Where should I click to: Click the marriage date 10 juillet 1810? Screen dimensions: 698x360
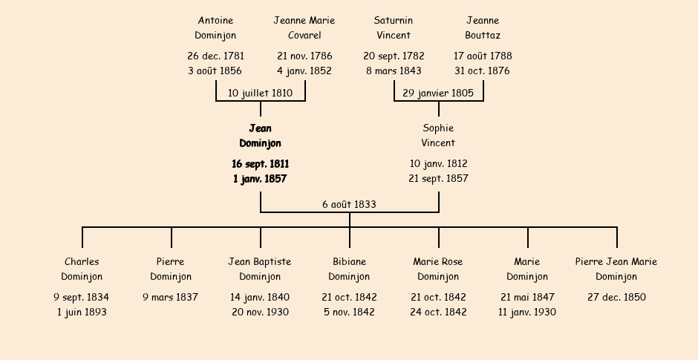point(260,93)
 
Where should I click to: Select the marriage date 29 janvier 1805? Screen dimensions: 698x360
point(438,93)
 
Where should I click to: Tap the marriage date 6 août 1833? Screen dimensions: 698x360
point(349,204)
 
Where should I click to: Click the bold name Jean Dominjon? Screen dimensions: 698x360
point(260,136)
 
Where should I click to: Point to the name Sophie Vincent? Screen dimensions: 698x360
point(438,135)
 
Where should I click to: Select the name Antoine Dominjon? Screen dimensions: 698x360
point(215,27)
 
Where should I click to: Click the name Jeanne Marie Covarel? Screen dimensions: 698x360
point(304,27)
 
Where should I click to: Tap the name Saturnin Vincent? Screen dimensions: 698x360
point(394,27)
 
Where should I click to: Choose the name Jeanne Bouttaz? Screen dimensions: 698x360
point(483,27)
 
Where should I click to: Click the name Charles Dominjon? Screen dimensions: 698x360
point(82,269)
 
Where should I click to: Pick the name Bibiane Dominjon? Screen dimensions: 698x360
point(349,269)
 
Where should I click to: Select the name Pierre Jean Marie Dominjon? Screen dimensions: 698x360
point(616,269)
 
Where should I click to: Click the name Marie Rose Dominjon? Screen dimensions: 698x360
point(438,269)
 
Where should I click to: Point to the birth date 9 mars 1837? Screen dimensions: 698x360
point(171,297)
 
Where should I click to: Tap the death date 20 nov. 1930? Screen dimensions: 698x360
point(260,312)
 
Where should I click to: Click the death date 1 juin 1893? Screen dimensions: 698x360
point(82,312)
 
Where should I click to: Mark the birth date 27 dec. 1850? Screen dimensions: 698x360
point(616,297)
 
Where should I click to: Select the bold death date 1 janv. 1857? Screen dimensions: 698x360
point(260,178)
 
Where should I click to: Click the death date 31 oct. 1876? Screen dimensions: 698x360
point(482,71)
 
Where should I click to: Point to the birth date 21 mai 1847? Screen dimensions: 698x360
point(527,297)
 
